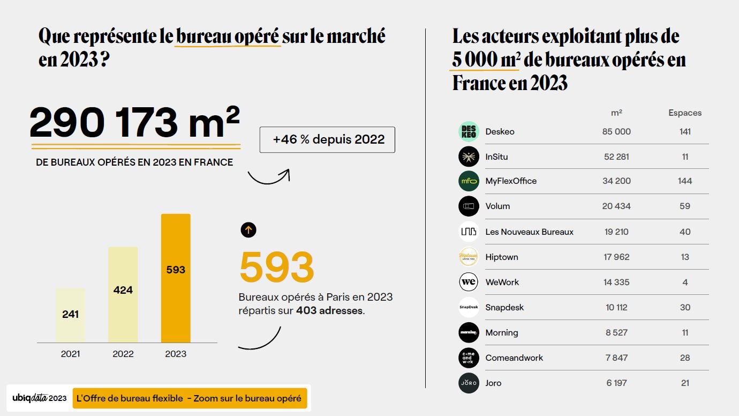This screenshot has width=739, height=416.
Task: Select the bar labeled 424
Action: point(123,294)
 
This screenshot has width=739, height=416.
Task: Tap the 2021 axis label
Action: point(70,354)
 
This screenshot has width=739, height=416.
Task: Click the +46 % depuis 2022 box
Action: point(327,140)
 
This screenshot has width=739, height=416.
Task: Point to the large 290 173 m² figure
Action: point(134,123)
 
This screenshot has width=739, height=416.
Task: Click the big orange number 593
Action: point(276,267)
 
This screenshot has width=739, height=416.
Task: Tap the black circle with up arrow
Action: point(248,230)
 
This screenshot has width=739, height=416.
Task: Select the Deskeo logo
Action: point(469,132)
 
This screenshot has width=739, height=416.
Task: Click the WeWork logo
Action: point(469,282)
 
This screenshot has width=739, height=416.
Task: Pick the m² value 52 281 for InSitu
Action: point(616,157)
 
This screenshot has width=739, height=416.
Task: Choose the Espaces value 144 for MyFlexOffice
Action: point(684,181)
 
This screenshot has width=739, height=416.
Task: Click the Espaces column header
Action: point(684,113)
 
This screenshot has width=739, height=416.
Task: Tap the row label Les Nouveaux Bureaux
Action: point(529,232)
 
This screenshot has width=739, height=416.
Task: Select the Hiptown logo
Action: point(469,257)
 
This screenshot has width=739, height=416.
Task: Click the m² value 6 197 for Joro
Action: point(616,383)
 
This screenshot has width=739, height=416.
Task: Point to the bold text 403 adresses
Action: point(330,310)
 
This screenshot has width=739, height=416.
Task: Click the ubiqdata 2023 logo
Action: point(40,398)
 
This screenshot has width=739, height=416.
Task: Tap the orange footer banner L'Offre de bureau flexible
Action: point(190,398)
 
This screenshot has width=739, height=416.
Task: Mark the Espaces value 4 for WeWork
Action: point(684,282)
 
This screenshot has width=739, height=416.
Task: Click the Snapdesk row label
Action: point(504,307)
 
